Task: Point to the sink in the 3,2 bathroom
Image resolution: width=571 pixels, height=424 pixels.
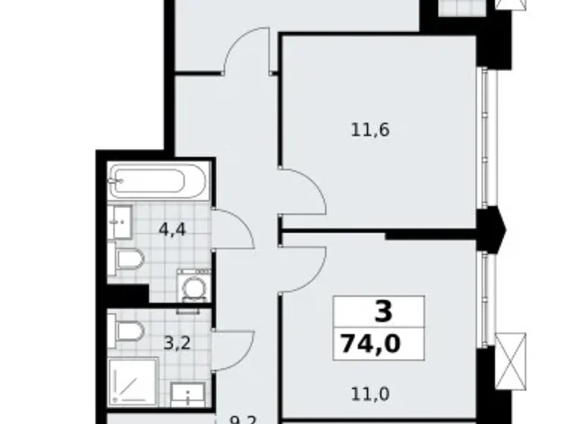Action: coord(190,395)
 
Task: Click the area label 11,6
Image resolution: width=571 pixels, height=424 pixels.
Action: coord(369,131)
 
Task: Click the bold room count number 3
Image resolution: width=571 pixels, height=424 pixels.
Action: coord(383,312)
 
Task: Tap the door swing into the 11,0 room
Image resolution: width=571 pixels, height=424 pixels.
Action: coord(302,268)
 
